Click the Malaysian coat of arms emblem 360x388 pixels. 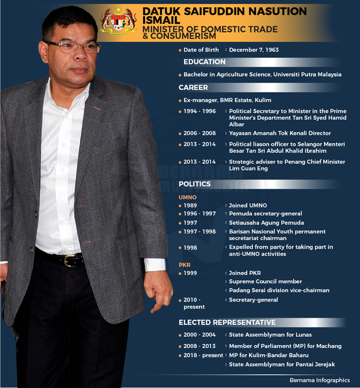tap(118, 22)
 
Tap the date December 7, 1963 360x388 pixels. tap(254, 50)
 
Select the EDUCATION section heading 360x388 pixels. tap(204, 62)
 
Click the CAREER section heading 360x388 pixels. tap(193, 88)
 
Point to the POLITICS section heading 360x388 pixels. tap(195, 184)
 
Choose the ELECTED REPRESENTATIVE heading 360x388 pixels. tap(227, 323)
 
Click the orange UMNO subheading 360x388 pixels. tap(187, 197)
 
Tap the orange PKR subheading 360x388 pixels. tap(184, 264)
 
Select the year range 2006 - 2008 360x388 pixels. tap(200, 134)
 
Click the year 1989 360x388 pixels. tap(190, 205)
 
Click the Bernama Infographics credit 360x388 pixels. tap(320, 380)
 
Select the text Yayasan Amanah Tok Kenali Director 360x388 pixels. tap(280, 134)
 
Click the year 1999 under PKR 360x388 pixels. tap(190, 273)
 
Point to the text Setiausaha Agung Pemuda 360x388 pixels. tap(266, 223)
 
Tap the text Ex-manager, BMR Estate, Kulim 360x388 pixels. tap(227, 100)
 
